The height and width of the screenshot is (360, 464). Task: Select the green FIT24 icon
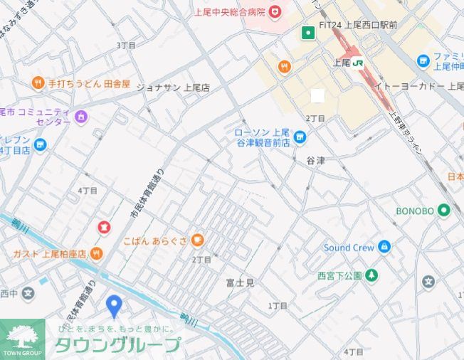(x=307, y=32)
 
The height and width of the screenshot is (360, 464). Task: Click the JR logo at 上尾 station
(x=359, y=63)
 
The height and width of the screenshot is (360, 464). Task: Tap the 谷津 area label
(x=315, y=161)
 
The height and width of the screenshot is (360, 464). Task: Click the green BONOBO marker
(x=444, y=211)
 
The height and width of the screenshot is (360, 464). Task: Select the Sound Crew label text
(x=348, y=248)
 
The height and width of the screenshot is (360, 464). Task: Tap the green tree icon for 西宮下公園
(x=371, y=275)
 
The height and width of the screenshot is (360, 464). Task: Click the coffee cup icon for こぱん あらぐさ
(x=197, y=240)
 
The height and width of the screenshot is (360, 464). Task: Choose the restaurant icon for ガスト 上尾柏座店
(x=96, y=253)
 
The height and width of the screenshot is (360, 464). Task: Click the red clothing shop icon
(x=104, y=228)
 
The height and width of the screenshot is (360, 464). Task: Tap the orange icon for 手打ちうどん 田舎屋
(x=38, y=84)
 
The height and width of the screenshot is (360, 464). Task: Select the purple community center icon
(x=80, y=117)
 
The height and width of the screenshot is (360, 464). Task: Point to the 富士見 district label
(x=240, y=282)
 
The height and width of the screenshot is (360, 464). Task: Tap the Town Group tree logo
(x=21, y=337)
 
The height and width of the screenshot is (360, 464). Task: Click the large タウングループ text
(x=117, y=346)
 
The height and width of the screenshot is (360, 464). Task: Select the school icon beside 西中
(x=27, y=292)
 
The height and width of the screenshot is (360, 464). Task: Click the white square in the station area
(x=317, y=95)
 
